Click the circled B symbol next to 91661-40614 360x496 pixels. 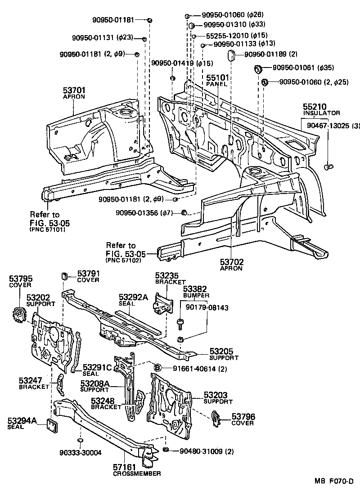coord(157,369)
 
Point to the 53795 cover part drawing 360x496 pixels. coord(18,314)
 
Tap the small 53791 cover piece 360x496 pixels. coord(64,275)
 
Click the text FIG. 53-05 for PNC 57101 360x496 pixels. coord(50,222)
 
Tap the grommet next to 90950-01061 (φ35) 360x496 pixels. coord(258,69)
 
